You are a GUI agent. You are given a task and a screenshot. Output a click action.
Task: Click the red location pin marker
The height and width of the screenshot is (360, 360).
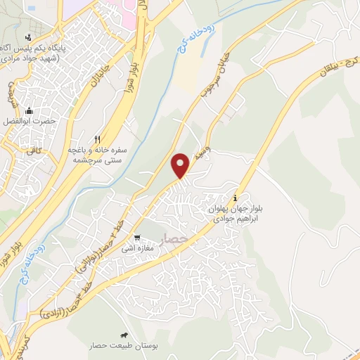click(x=181, y=165)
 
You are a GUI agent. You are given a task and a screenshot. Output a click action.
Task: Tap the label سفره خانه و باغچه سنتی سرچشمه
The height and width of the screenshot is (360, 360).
click(x=98, y=155)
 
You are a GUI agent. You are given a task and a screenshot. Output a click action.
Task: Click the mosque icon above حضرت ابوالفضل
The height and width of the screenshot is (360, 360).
click(x=29, y=110)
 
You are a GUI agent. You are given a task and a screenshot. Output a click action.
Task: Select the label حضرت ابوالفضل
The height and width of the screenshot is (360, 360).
click(x=30, y=122)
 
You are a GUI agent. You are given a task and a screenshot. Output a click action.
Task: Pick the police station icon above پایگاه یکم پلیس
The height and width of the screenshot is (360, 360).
click(x=29, y=37)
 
